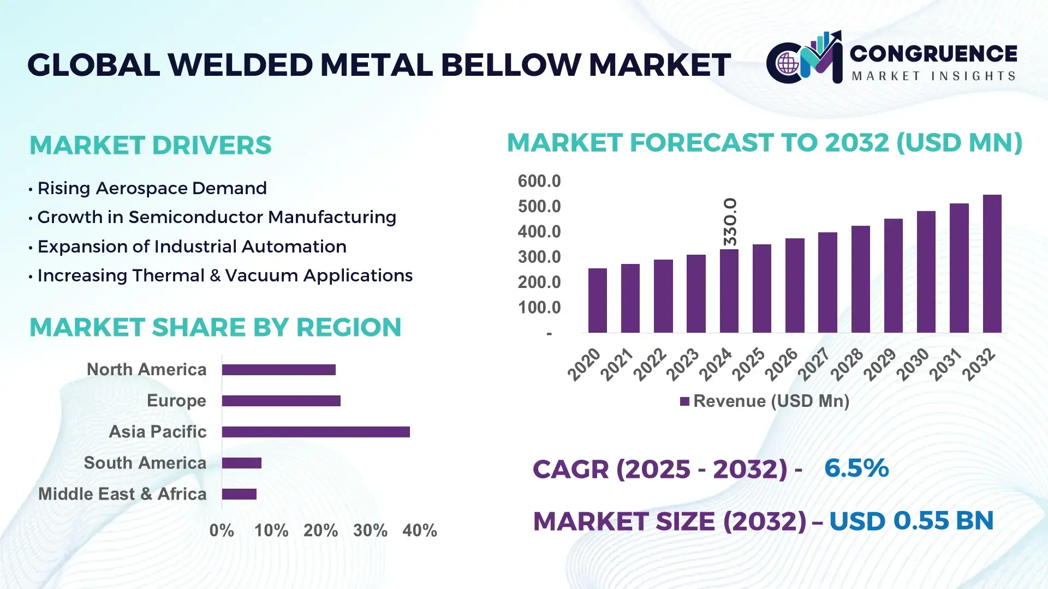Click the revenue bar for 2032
click(x=992, y=264)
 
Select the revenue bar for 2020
click(x=597, y=300)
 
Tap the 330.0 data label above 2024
click(x=730, y=221)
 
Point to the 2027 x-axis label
click(x=814, y=364)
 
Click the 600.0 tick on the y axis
click(x=539, y=181)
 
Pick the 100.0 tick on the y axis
click(x=539, y=308)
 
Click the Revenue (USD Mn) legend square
click(x=684, y=401)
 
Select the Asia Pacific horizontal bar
click(x=315, y=432)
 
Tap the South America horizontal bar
click(x=241, y=463)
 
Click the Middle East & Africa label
click(x=122, y=494)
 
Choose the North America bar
click(x=278, y=370)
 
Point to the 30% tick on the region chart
click(x=370, y=530)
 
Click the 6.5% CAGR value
click(x=856, y=468)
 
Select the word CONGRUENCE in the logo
click(x=933, y=53)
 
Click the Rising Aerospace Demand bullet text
click(x=152, y=188)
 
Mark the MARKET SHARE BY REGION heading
click(x=215, y=327)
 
